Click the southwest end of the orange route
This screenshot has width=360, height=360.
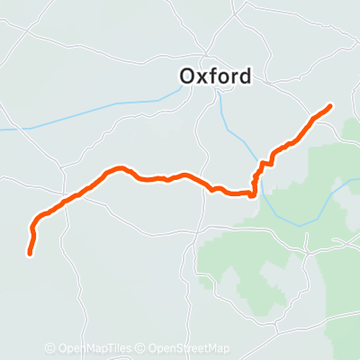pyautogui.click(x=30, y=254)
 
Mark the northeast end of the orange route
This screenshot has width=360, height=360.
pyautogui.click(x=330, y=106)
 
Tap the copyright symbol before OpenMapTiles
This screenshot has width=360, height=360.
pyautogui.click(x=50, y=349)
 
